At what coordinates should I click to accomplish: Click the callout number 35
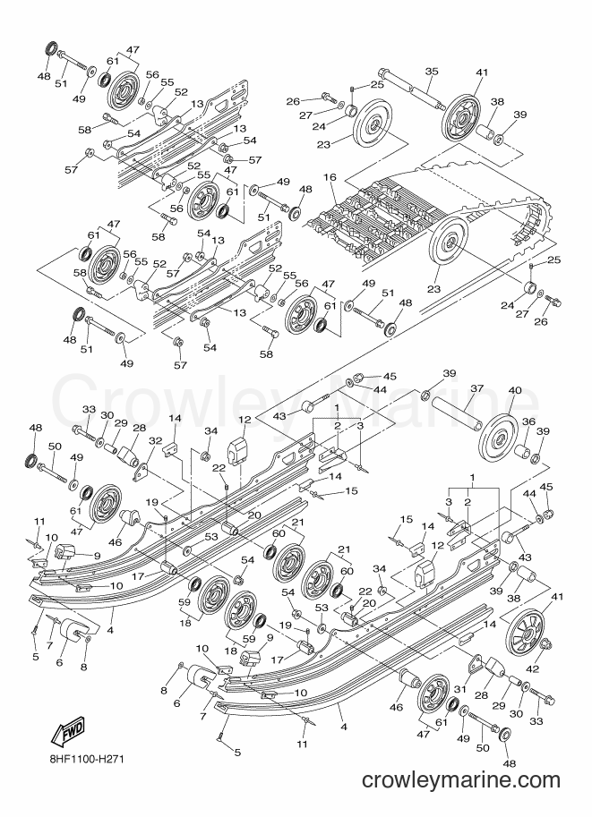click(431, 72)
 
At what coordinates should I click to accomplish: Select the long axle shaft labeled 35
click(412, 88)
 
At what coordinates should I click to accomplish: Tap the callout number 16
click(330, 178)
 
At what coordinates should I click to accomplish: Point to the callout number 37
click(476, 388)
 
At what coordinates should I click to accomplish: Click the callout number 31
click(459, 689)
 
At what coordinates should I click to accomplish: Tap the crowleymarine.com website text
click(460, 780)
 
